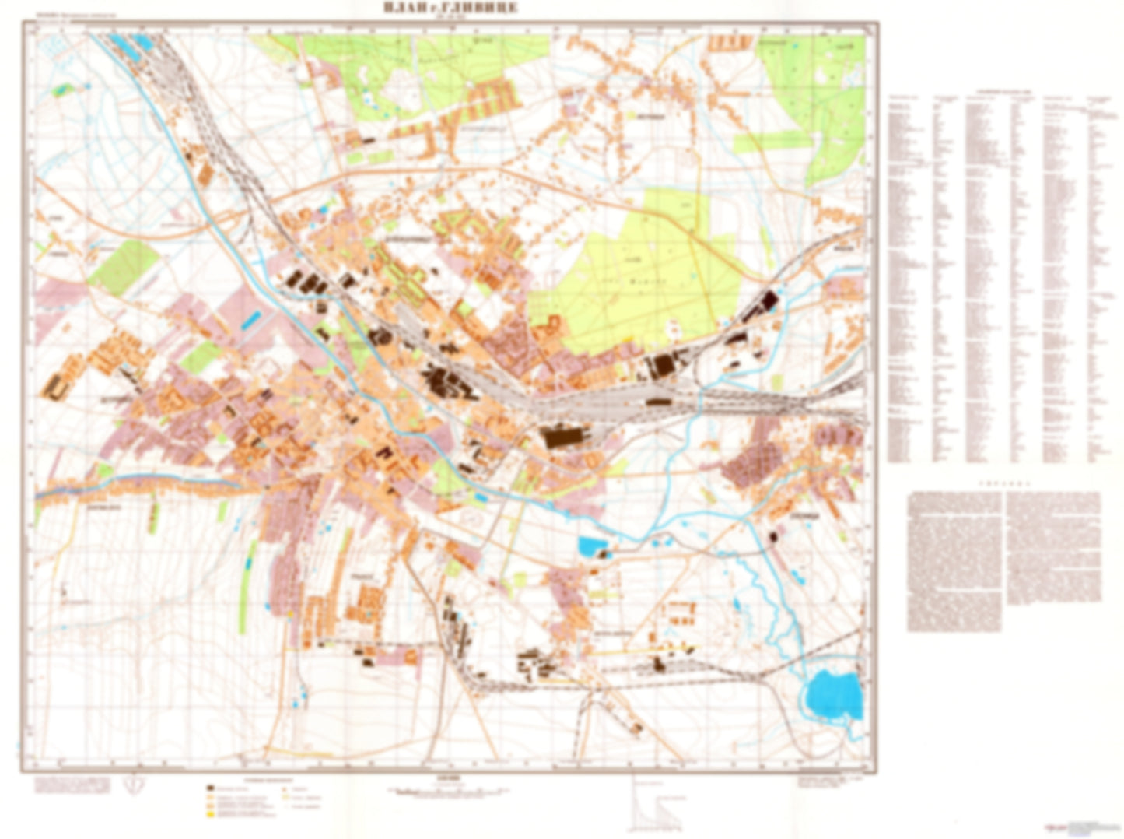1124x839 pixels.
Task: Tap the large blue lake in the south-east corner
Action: click(x=834, y=695)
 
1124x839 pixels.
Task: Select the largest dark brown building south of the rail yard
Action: click(x=566, y=436)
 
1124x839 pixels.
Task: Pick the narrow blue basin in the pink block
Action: click(x=250, y=318)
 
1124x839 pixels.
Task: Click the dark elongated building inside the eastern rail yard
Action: click(x=658, y=402)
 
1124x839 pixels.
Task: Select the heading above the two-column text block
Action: click(x=1003, y=483)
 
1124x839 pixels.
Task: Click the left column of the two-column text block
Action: click(x=955, y=560)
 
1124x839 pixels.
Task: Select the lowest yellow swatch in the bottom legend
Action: click(x=209, y=813)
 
